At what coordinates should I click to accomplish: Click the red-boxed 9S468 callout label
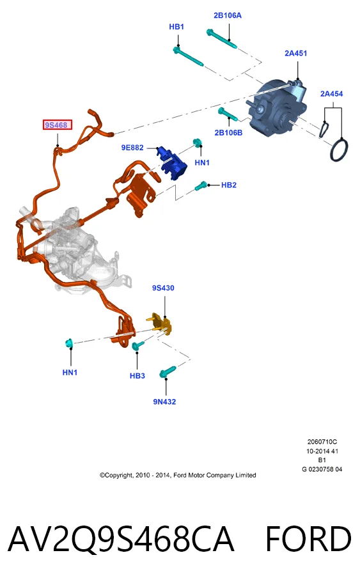(57, 125)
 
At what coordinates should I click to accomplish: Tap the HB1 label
(176, 27)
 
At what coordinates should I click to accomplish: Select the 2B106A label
(228, 15)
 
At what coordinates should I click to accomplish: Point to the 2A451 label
(296, 53)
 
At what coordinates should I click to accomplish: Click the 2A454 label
(332, 93)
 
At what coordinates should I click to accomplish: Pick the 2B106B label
(228, 133)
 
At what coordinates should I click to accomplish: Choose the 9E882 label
(132, 148)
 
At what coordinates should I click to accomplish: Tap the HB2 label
(229, 185)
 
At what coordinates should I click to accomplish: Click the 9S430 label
(163, 288)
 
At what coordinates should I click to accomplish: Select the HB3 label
(137, 376)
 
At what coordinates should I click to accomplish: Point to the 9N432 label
(164, 402)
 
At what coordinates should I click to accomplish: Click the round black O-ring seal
(339, 150)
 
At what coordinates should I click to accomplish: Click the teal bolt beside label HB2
(201, 185)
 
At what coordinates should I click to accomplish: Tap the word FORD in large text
(308, 539)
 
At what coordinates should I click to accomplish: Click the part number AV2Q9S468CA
(121, 539)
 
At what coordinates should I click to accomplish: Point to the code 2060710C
(322, 442)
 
